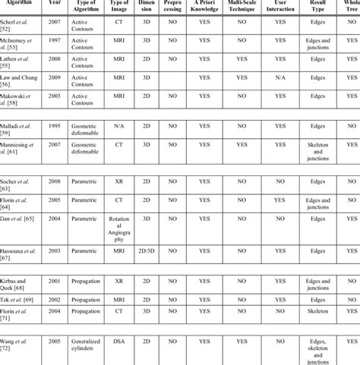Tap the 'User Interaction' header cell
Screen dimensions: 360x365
coord(280,8)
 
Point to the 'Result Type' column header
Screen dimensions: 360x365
coord(318,8)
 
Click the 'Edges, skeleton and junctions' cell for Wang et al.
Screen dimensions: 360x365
coord(318,349)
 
